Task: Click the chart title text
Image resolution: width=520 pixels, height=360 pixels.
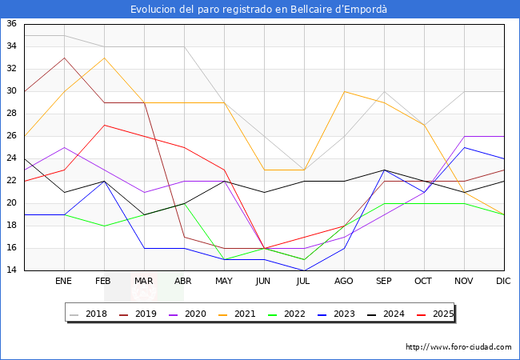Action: [x=260, y=9]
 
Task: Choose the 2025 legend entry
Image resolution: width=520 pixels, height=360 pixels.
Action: [x=436, y=314]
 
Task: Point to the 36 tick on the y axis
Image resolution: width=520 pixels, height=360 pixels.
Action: [x=12, y=24]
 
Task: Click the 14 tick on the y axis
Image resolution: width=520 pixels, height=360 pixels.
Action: [x=12, y=270]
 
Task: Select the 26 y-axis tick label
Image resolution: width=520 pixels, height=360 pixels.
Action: [x=12, y=136]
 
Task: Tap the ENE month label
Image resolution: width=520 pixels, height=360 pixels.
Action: [x=64, y=282]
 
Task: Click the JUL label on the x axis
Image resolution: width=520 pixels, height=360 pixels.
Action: [x=304, y=282]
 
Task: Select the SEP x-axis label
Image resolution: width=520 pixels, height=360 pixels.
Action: [x=384, y=282]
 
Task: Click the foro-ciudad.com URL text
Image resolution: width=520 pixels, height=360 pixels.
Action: [x=458, y=347]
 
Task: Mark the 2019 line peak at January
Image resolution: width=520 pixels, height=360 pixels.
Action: [x=64, y=58]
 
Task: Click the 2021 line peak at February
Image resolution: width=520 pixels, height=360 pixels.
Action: [x=104, y=58]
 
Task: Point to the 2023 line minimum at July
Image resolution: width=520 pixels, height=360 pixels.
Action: [x=304, y=270]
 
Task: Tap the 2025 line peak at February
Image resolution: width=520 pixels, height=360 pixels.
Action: [x=104, y=125]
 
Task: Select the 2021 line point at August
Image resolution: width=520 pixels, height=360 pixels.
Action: [x=344, y=91]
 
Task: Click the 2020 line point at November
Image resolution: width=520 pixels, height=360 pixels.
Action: [x=464, y=136]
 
